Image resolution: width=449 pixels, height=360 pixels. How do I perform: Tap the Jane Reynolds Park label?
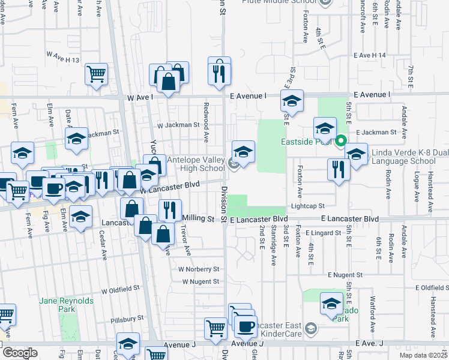tap(59, 304)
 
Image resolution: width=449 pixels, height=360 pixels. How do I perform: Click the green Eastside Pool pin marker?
tap(340, 142)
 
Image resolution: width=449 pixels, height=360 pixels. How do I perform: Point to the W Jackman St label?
tap(178, 125)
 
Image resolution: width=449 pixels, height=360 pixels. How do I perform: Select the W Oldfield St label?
tap(120, 291)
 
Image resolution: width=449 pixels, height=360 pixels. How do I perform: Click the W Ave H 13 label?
tap(63, 53)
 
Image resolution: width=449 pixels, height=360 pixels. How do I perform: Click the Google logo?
tap(20, 353)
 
